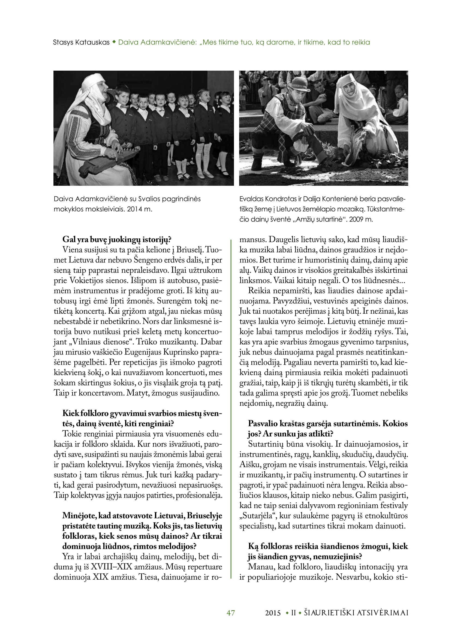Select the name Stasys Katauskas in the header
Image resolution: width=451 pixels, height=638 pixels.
[81, 43]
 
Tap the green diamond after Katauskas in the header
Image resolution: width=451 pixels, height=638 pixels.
[114, 42]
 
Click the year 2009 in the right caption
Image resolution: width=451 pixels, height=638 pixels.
[356, 219]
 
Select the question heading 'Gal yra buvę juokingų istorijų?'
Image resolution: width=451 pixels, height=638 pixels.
[117, 239]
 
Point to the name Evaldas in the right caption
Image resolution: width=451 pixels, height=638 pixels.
[252, 199]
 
